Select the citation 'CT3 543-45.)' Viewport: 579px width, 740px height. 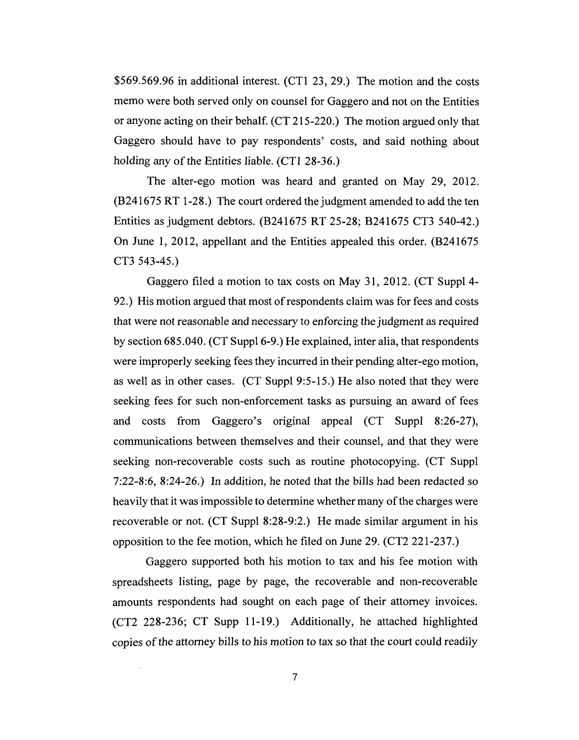(x=146, y=261)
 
